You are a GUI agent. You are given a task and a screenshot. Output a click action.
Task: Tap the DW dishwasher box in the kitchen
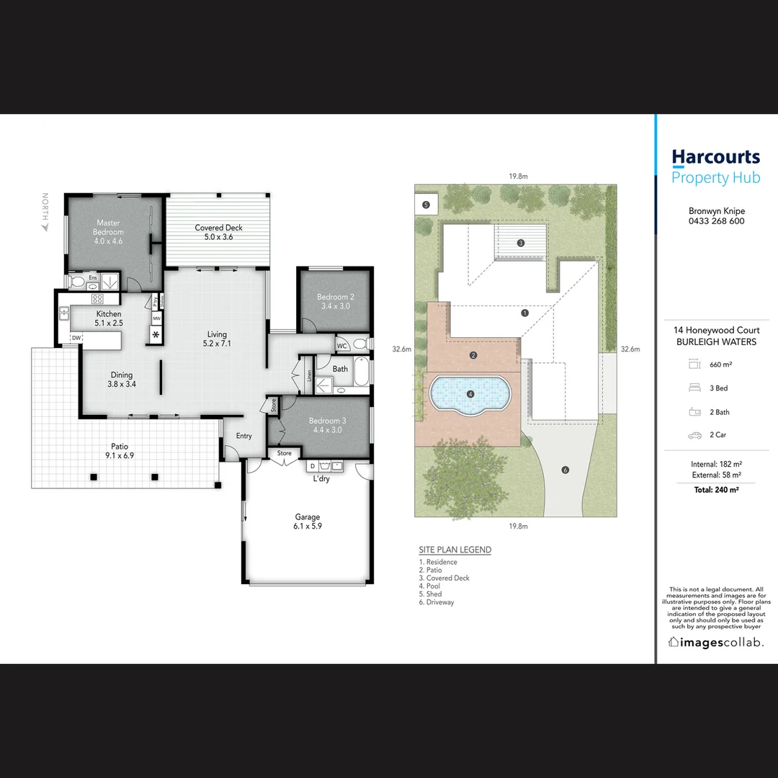point(76,338)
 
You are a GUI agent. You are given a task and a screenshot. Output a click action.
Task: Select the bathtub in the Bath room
point(359,374)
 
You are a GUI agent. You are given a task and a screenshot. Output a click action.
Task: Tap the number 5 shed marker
point(426,205)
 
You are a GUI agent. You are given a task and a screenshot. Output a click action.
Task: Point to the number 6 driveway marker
point(565,470)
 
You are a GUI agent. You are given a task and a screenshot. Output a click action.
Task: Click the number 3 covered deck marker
point(521,243)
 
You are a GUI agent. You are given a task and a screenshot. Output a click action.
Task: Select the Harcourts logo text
point(715,157)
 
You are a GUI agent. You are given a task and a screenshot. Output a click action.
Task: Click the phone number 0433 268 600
point(716,221)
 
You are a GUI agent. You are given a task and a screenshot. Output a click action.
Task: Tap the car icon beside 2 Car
point(695,435)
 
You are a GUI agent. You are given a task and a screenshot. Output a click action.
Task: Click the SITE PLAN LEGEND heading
point(455,550)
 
